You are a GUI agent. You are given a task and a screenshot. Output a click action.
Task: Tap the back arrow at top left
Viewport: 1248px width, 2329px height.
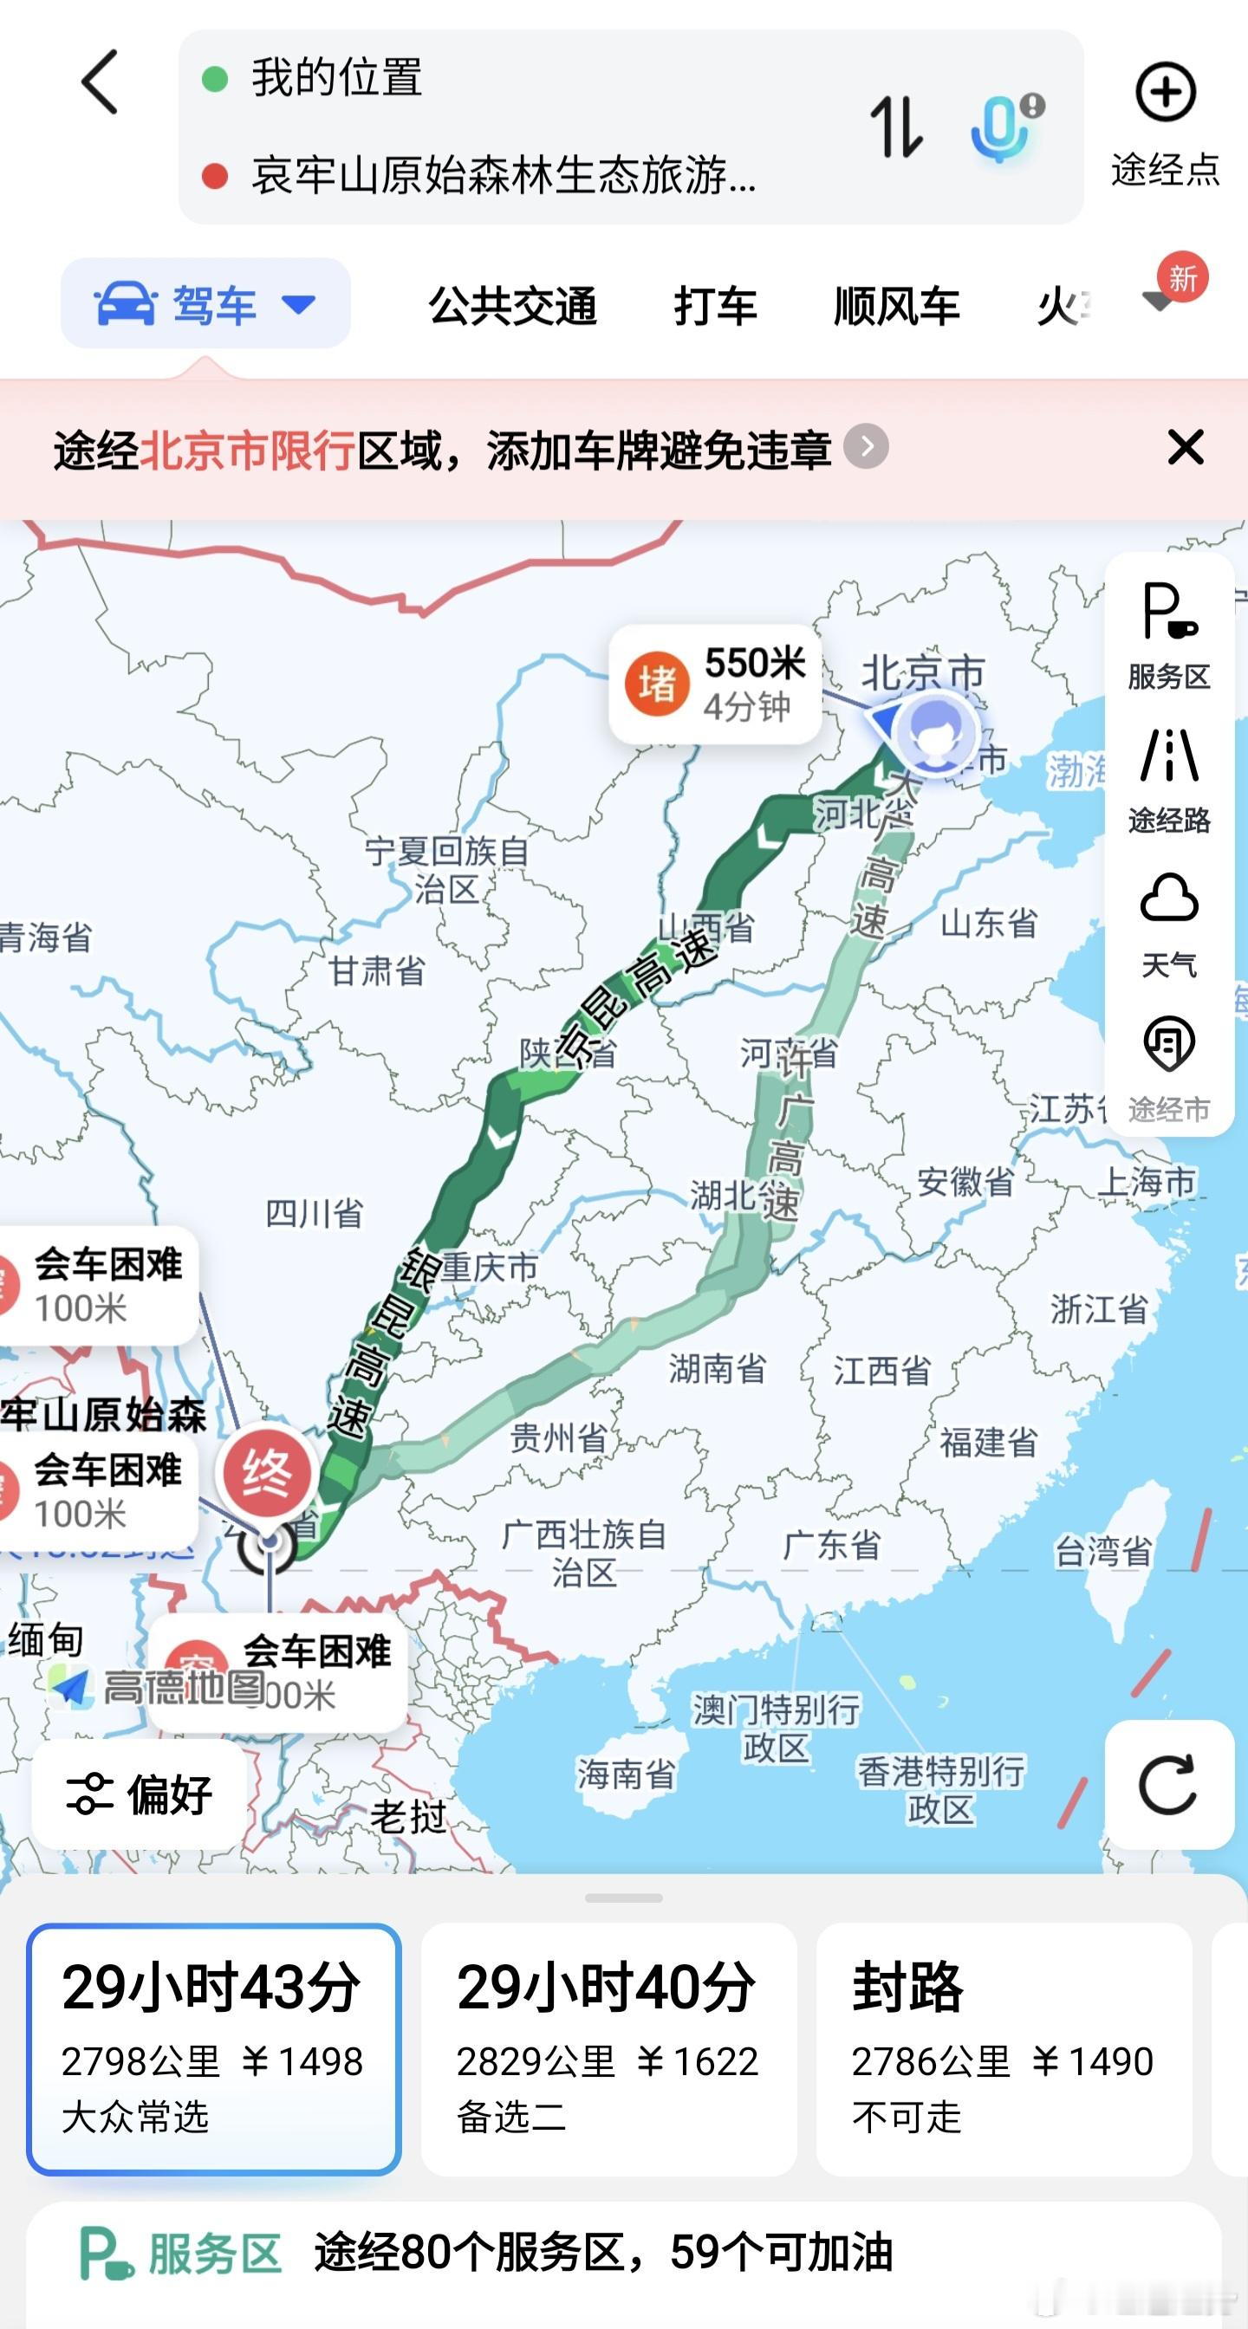coord(101,82)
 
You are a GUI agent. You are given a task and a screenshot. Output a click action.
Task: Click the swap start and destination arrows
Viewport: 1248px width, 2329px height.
coord(895,127)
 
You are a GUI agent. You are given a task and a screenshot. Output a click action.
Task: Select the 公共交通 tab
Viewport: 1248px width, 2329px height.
coord(513,306)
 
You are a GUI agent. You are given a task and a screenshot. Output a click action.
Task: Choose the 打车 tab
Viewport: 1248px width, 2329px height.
coord(714,306)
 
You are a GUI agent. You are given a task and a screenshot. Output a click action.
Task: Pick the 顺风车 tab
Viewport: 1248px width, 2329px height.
coord(896,306)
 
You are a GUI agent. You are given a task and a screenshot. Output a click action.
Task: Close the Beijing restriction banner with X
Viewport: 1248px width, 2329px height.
coord(1185,448)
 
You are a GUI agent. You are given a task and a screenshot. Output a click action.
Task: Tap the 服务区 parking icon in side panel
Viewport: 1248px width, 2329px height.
coord(1168,612)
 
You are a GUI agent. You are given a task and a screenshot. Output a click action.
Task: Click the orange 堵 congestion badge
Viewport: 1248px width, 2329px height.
coord(657,684)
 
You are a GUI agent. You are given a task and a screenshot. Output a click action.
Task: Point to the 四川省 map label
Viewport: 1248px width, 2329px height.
coord(314,1212)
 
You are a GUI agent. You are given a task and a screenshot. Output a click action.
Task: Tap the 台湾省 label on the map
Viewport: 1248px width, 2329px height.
coord(1103,1552)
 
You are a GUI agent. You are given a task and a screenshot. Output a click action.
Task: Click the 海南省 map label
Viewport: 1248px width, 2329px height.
coord(626,1774)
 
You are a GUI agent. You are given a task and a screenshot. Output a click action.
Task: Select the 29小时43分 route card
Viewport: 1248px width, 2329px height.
coord(213,2047)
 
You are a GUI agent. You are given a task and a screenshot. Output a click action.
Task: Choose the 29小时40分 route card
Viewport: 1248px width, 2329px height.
coord(608,2047)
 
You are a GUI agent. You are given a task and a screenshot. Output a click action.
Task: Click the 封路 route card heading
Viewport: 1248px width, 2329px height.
coord(908,1987)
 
